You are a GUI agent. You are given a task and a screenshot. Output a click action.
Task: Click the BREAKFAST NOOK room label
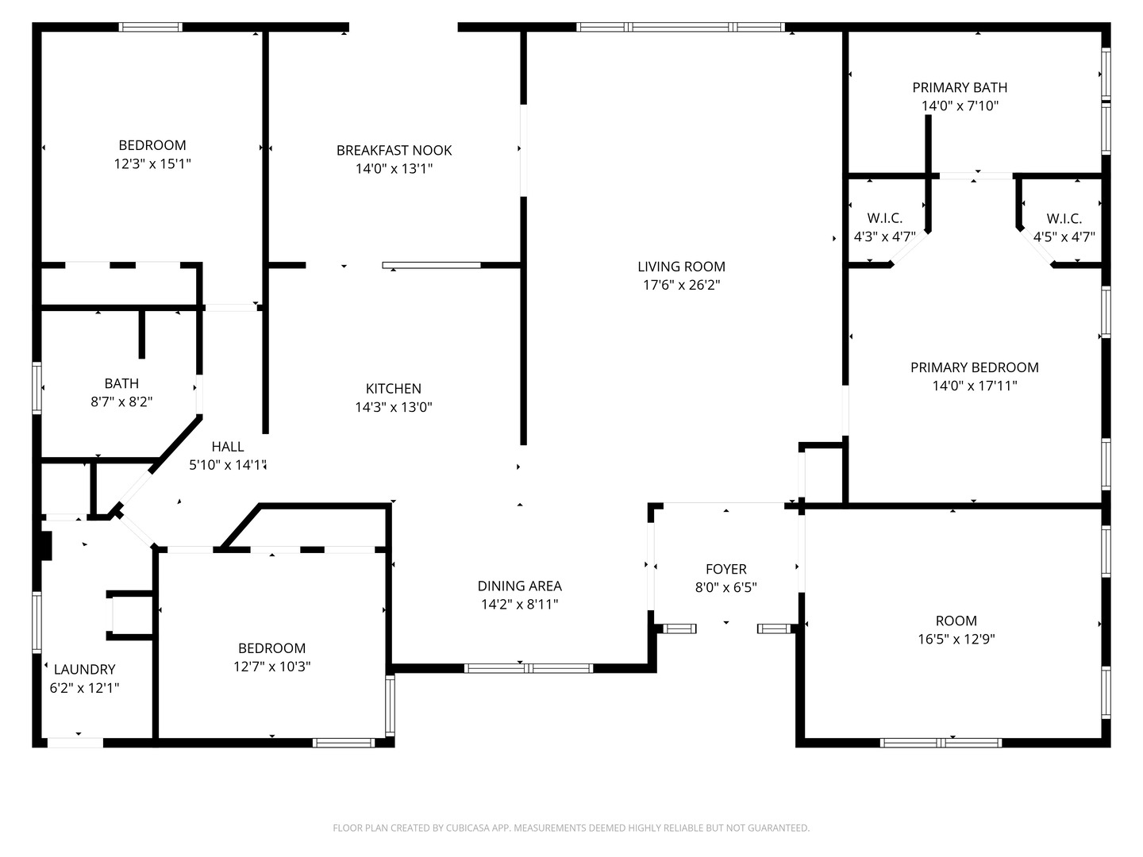click(x=394, y=151)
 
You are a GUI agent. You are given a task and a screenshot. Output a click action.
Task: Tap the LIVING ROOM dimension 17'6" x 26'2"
click(x=681, y=285)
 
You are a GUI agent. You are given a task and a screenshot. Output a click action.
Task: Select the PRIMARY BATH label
click(x=960, y=87)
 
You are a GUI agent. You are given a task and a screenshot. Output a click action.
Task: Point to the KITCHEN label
click(x=393, y=389)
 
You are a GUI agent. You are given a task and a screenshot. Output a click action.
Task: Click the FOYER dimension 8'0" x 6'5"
click(x=726, y=587)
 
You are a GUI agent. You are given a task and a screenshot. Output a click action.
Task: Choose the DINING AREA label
click(x=520, y=586)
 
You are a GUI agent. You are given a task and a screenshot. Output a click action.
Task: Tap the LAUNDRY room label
click(x=84, y=669)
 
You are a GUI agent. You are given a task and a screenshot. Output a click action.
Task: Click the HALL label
click(x=228, y=447)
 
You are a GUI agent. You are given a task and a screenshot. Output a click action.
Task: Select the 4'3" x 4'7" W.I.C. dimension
click(x=885, y=236)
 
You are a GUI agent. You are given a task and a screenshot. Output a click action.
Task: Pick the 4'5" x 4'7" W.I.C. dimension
click(x=1064, y=236)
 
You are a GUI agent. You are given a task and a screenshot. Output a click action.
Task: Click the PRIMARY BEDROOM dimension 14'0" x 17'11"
click(x=974, y=386)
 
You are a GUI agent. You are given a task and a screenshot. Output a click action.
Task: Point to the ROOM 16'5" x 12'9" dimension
click(x=956, y=639)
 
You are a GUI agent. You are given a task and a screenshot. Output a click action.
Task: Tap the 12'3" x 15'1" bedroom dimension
click(x=152, y=163)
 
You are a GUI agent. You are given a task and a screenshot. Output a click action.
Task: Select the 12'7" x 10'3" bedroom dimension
click(x=271, y=666)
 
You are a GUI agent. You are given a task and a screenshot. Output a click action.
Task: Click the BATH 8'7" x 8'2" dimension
click(x=121, y=402)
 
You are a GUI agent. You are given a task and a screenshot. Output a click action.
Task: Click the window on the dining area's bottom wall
click(x=529, y=668)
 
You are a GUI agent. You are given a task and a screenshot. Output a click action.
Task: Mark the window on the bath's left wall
click(x=37, y=388)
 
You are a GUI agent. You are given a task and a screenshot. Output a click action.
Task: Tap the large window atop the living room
click(x=680, y=27)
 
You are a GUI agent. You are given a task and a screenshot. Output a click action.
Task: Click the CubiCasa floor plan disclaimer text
click(x=571, y=828)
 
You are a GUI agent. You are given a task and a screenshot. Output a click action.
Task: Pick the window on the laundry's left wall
click(x=37, y=622)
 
